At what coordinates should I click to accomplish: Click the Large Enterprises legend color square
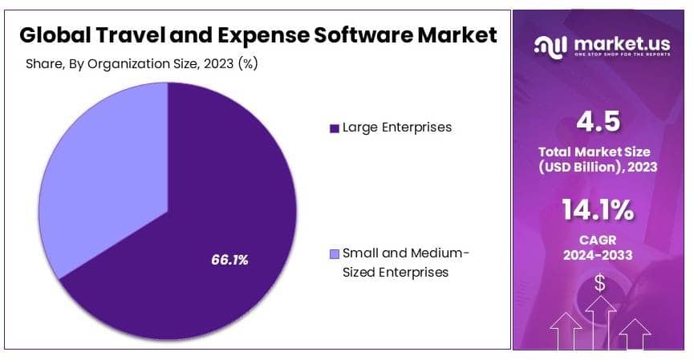(334, 128)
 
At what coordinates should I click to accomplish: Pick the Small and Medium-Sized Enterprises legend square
(334, 254)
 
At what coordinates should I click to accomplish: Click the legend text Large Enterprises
(397, 127)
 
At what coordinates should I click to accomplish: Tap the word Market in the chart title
(457, 35)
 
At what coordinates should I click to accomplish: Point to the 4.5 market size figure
(599, 123)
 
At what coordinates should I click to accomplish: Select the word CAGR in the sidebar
(599, 239)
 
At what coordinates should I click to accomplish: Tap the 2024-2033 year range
(599, 255)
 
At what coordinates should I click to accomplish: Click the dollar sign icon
(599, 281)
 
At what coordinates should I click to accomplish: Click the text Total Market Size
(599, 152)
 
